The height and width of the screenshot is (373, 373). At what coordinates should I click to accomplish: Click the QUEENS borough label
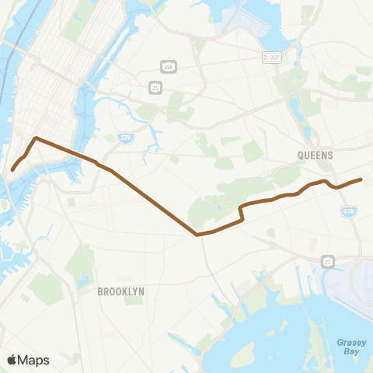pyautogui.click(x=315, y=155)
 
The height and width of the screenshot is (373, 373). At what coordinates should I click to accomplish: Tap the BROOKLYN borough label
pyautogui.click(x=120, y=291)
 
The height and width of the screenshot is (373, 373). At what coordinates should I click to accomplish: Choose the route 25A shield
pyautogui.click(x=166, y=65)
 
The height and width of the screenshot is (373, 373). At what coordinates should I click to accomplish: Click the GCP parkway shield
pyautogui.click(x=270, y=58)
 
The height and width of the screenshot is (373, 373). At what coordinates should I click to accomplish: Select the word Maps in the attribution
pyautogui.click(x=34, y=360)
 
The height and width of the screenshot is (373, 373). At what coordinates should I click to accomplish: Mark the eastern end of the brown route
pyautogui.click(x=361, y=180)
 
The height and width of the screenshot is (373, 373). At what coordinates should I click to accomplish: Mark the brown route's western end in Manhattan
pyautogui.click(x=12, y=169)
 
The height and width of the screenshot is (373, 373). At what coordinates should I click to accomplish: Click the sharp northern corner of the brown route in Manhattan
pyautogui.click(x=36, y=139)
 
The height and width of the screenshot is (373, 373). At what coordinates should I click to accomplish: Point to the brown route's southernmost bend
pyautogui.click(x=197, y=233)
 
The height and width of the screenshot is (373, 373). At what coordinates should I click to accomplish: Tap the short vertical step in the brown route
pyautogui.click(x=242, y=213)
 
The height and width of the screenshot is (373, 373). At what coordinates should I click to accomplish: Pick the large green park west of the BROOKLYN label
pyautogui.click(x=80, y=264)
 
